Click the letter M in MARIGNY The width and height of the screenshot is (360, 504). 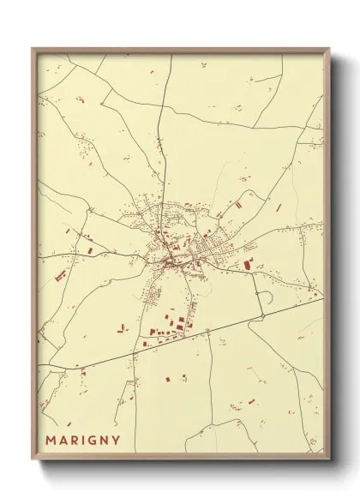(x=51, y=441)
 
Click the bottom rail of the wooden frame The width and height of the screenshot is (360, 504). (x=180, y=458)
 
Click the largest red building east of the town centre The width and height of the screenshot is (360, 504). (x=249, y=264)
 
